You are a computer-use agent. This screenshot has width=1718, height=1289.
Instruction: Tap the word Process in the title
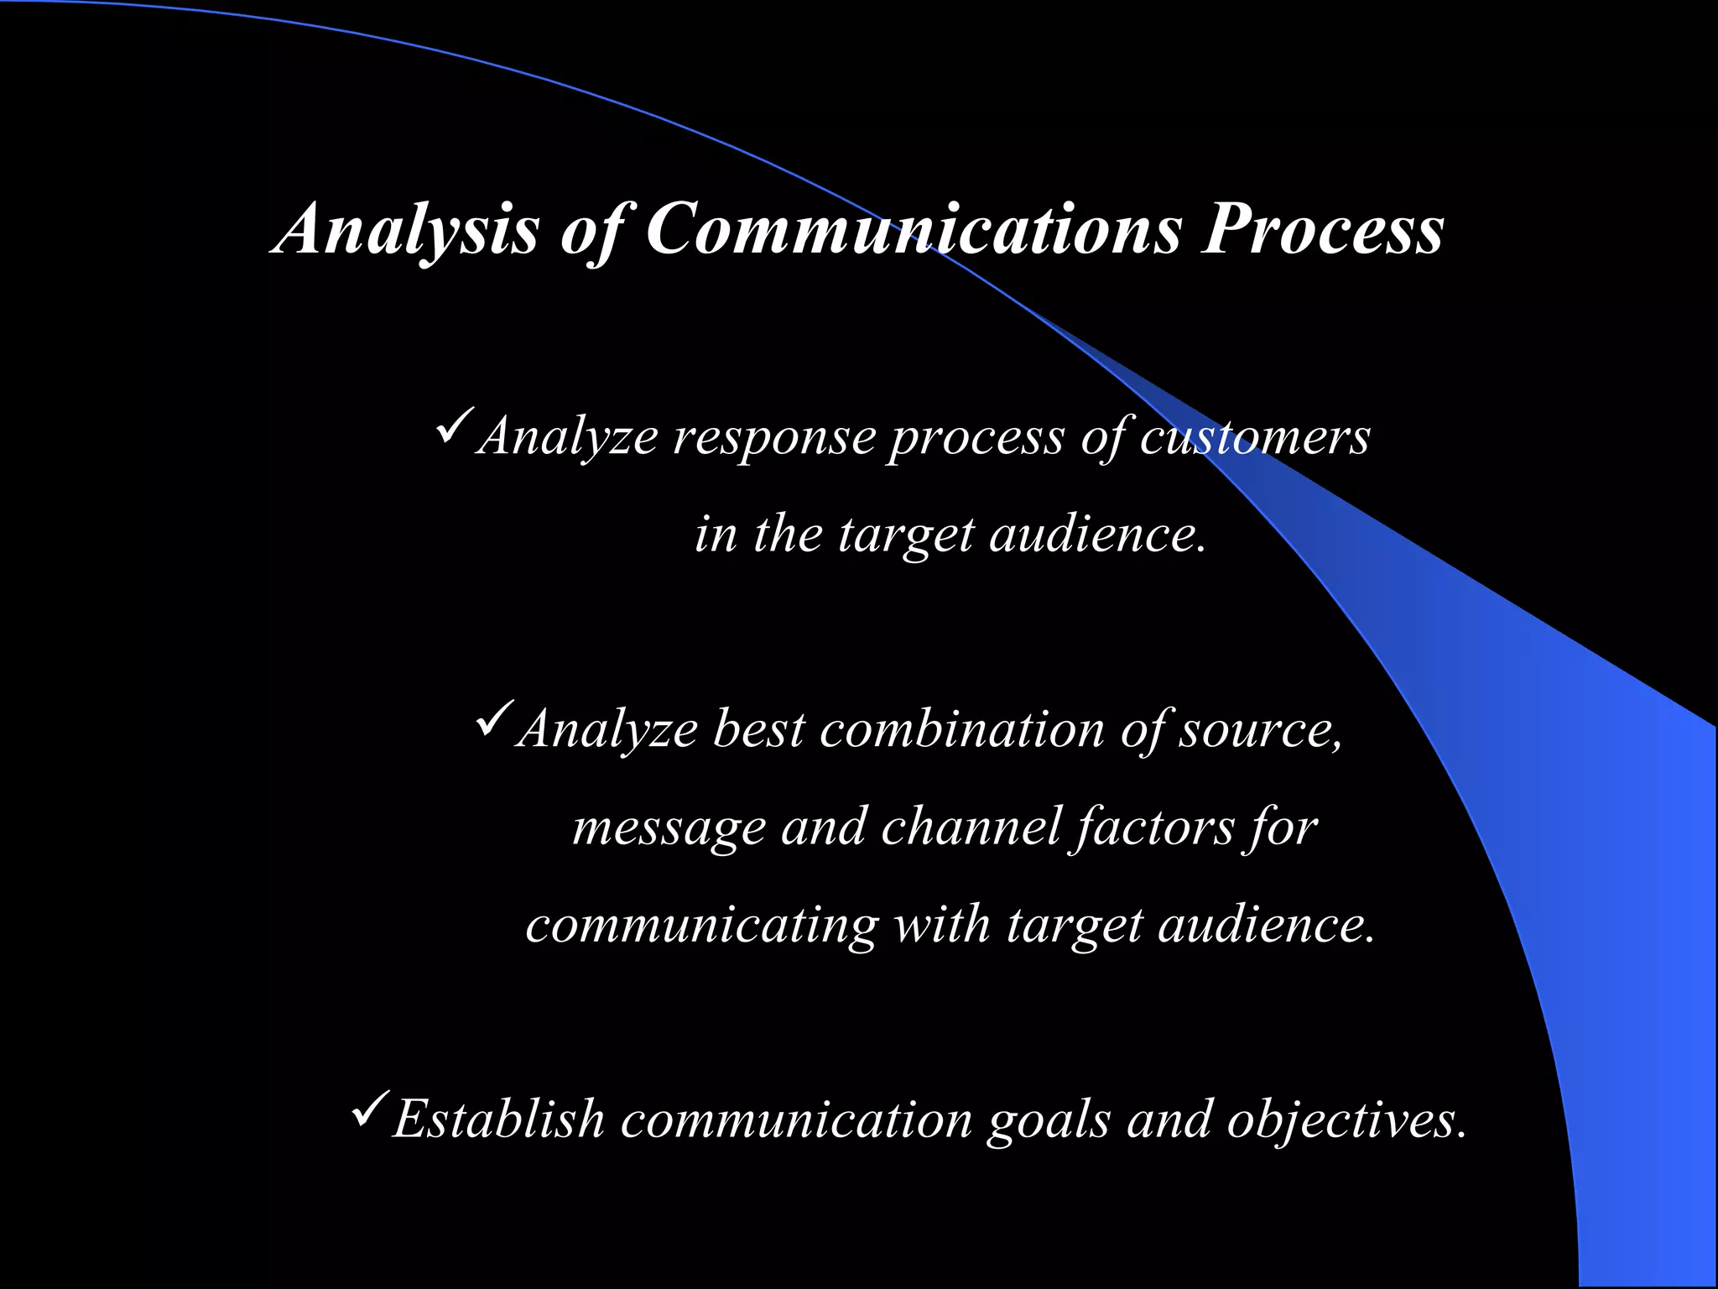pyautogui.click(x=1322, y=228)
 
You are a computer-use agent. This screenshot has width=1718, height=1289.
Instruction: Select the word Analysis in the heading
pyautogui.click(x=408, y=228)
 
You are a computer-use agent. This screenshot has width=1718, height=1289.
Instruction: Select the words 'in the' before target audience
pyautogui.click(x=757, y=534)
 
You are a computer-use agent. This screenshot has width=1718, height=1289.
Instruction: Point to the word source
pyautogui.click(x=1258, y=728)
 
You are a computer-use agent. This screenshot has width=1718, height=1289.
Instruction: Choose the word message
pyautogui.click(x=669, y=827)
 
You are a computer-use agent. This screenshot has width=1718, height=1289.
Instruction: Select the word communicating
pyautogui.click(x=701, y=925)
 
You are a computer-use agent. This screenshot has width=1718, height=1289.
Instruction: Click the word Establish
pyautogui.click(x=498, y=1119)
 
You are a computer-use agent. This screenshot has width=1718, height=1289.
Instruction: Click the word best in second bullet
pyautogui.click(x=758, y=728)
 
